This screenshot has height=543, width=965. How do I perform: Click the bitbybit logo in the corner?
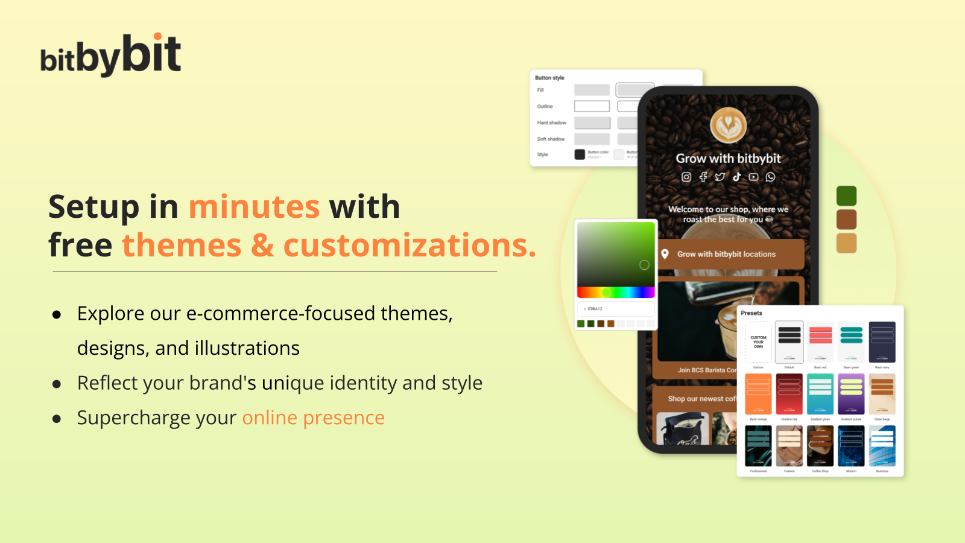pos(110,56)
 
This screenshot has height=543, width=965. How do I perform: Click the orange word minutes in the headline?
pos(254,207)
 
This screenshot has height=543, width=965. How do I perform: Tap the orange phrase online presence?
pos(313,418)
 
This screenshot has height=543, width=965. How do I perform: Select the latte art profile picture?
pos(728,125)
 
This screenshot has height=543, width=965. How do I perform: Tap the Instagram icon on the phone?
pos(686,177)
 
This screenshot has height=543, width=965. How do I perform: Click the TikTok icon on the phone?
pos(737,177)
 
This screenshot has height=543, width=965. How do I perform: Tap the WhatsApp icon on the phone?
pos(771,177)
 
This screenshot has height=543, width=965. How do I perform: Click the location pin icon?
pos(665,254)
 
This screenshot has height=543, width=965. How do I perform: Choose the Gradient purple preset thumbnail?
pos(851,393)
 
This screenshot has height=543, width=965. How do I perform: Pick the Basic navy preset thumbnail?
pos(882,341)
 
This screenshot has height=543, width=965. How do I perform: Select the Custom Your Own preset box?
pos(758,342)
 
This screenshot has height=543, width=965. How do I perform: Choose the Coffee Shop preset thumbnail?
pos(820,446)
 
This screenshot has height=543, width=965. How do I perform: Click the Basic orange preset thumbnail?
pos(758,393)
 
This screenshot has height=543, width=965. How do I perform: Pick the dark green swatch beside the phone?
pos(846,196)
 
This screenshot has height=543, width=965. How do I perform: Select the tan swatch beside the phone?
pos(846,243)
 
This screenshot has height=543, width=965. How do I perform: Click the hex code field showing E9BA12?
pos(615,309)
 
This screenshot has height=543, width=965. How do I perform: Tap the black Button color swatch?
pos(580,154)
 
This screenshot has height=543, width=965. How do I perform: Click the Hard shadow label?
pos(551,122)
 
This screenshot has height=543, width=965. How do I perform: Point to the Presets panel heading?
pos(751,313)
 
